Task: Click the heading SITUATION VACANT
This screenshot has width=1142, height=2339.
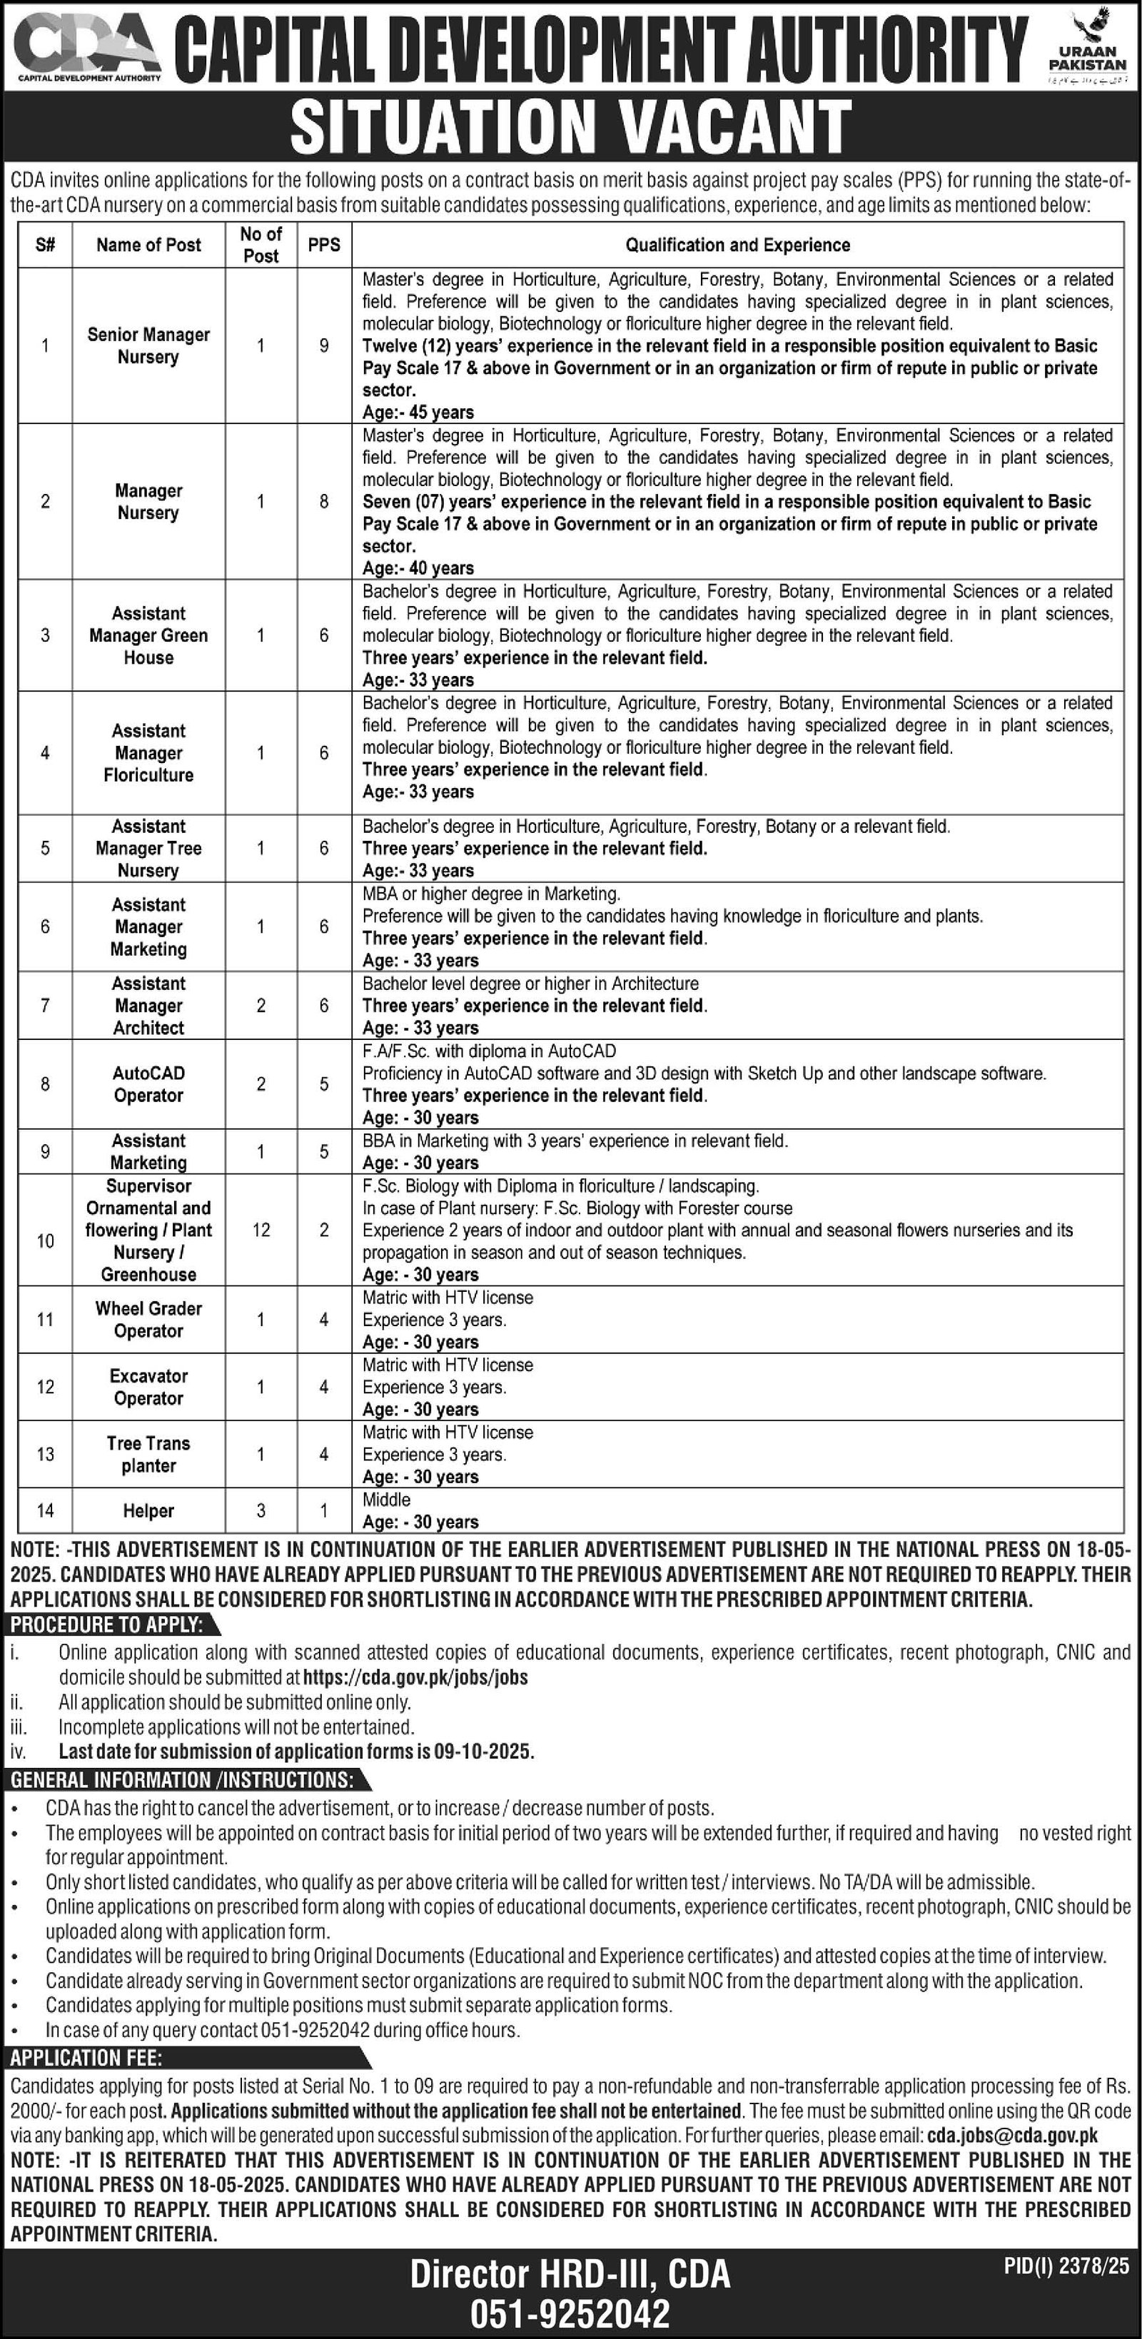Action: [571, 126]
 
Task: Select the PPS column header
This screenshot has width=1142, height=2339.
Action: [324, 244]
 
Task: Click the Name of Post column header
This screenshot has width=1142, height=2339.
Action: [149, 244]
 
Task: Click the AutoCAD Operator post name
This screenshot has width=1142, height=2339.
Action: [149, 1084]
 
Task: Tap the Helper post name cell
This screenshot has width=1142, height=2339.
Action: [149, 1511]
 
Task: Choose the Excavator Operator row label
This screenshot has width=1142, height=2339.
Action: [149, 1388]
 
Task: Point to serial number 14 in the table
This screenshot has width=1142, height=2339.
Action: [46, 1511]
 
